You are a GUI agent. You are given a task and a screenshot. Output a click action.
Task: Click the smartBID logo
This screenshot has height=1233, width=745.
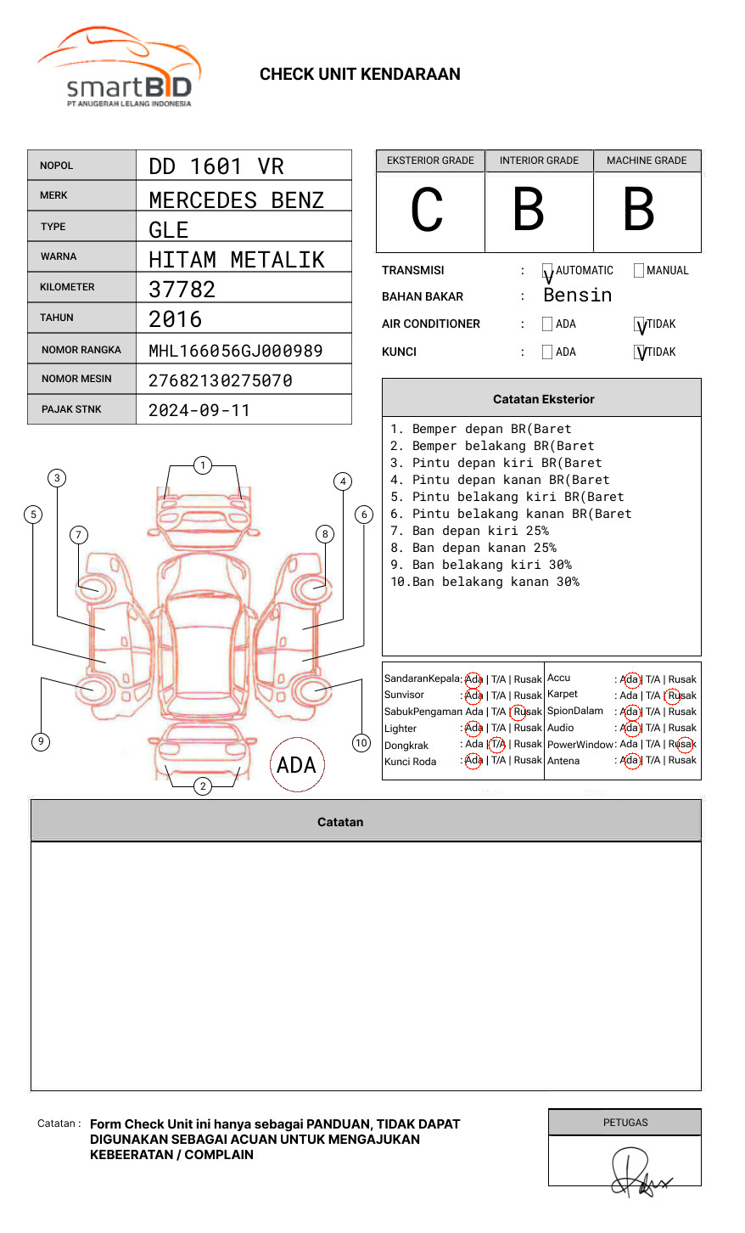point(118,67)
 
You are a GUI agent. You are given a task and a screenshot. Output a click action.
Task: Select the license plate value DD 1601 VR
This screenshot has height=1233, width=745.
point(216,166)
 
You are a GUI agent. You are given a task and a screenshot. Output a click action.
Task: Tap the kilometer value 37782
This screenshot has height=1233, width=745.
point(182,290)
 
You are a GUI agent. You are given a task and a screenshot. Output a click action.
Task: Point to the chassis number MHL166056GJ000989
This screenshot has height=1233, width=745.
point(236,351)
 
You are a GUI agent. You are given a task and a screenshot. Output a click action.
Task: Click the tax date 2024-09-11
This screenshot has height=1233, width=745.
point(199,410)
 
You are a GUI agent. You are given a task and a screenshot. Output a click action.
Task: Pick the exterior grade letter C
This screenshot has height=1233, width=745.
point(427,209)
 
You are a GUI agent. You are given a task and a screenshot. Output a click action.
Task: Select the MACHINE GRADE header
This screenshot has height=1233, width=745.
point(647,160)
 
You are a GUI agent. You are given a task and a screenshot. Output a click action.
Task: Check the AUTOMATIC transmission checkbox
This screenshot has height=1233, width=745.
point(547,270)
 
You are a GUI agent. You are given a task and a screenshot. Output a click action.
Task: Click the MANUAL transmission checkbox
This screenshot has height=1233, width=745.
point(639,270)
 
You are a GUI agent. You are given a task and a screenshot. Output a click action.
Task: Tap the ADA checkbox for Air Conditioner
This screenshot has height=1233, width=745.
point(547,324)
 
